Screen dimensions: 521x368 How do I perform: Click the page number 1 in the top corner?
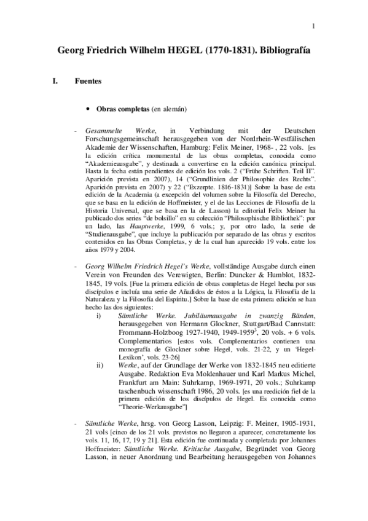point(313,25)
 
